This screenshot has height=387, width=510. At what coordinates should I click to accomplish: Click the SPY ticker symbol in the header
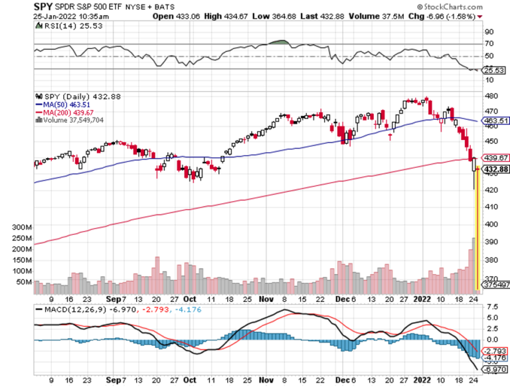point(44,6)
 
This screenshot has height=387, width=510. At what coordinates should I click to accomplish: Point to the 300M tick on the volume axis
point(22,227)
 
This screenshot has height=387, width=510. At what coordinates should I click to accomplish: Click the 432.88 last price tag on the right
point(495,169)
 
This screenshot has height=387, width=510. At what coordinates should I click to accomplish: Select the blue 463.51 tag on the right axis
point(494,121)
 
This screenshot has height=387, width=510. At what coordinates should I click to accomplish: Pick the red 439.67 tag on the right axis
point(494,158)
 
